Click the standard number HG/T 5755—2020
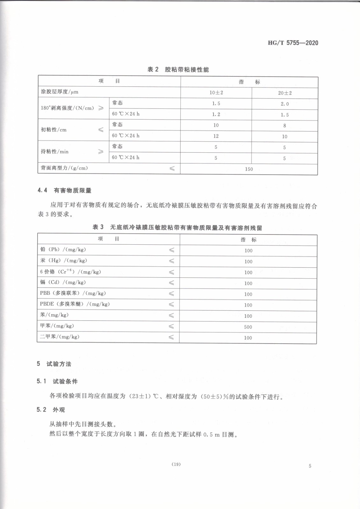coord(293,43)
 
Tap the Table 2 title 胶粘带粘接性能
coord(178,69)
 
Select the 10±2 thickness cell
coord(216,93)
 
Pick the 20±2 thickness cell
coord(285,93)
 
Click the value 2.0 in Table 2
coord(285,104)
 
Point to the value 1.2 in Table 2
coord(216,114)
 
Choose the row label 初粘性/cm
coord(53,130)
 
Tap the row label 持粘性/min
coord(54,151)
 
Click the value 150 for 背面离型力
coord(249,169)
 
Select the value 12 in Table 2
coord(216,136)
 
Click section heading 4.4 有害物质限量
coord(64,190)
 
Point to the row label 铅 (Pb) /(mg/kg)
coord(63,249)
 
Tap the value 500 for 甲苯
coord(248,327)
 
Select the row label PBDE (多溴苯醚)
coord(75,304)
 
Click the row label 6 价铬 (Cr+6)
coord(70,271)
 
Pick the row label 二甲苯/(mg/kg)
coord(60,337)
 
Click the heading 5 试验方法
coord(54,364)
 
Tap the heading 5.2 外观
coord(51,409)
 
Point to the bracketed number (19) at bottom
coord(176,464)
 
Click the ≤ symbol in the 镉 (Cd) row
coord(171,282)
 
